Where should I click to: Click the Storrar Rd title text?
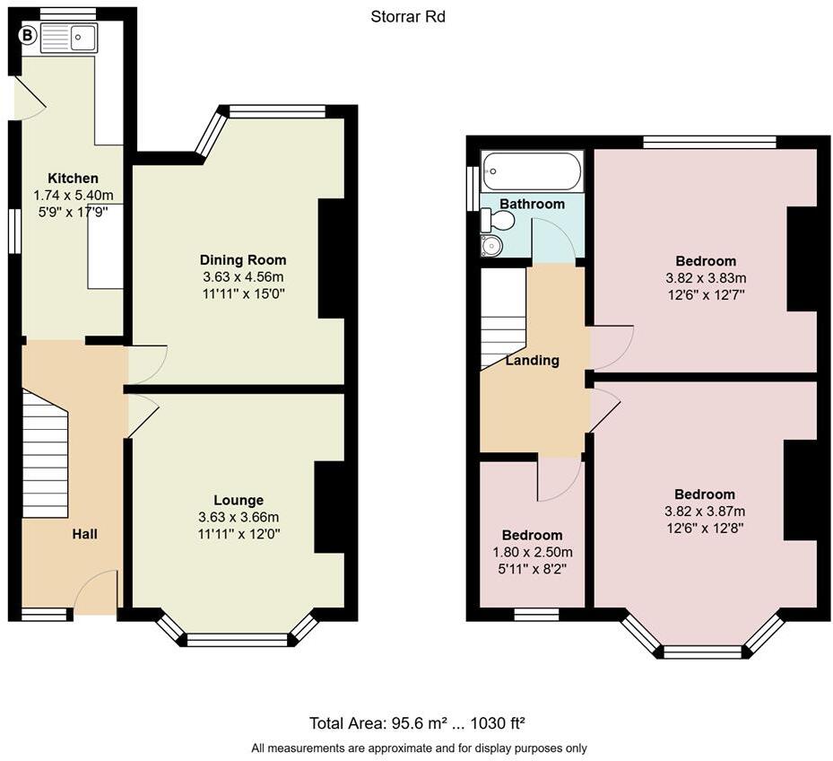click(408, 16)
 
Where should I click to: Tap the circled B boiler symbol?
click(28, 36)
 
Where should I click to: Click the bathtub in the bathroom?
click(532, 171)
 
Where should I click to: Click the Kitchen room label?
click(73, 178)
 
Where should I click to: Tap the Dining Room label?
click(243, 259)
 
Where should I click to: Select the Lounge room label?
click(239, 500)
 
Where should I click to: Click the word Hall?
click(84, 533)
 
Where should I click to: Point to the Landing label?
click(532, 360)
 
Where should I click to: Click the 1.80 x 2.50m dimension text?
click(533, 552)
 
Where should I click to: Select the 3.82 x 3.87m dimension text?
click(704, 511)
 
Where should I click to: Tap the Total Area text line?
click(417, 722)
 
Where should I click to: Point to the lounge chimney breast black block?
click(329, 507)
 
